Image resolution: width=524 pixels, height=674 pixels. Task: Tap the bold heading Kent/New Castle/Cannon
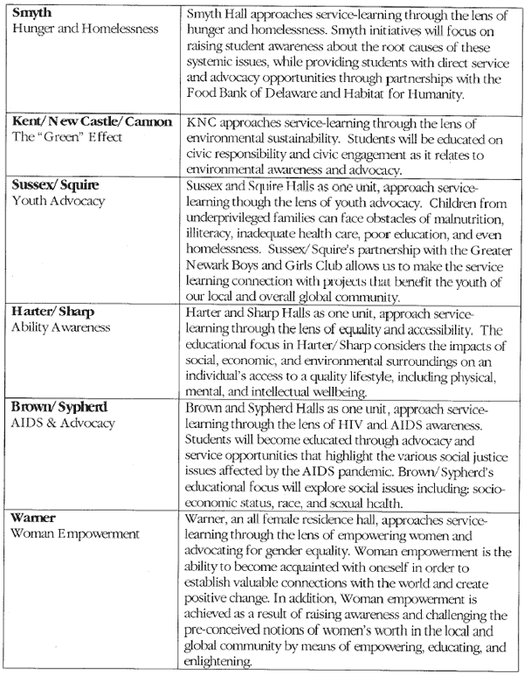91,121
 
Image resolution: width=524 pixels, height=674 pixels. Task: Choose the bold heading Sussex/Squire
54,185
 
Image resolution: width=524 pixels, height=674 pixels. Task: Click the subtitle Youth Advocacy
58,201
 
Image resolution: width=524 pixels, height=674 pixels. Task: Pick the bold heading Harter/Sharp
52,312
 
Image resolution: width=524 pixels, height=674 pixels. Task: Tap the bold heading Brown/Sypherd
59,407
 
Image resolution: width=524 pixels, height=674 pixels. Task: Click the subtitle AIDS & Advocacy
63,423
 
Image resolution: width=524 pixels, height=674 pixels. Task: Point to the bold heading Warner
33,518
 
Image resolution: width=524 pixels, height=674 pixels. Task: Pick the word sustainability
335,136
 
